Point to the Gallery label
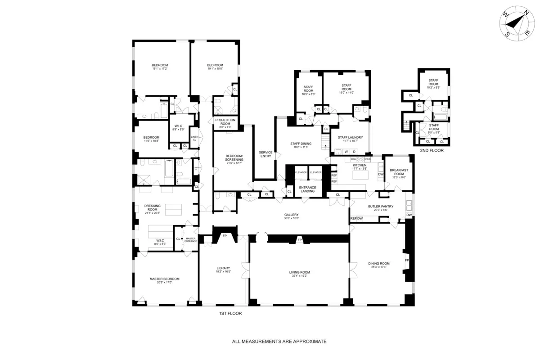(x=291, y=215)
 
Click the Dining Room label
(x=378, y=263)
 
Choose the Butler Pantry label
(x=381, y=207)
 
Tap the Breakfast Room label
(x=399, y=172)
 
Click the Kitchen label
(x=360, y=165)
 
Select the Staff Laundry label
(x=350, y=138)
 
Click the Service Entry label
(x=265, y=154)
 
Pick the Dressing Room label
(x=153, y=208)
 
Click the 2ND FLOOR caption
(x=431, y=151)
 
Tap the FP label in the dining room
(x=407, y=260)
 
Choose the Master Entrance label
(x=191, y=240)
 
